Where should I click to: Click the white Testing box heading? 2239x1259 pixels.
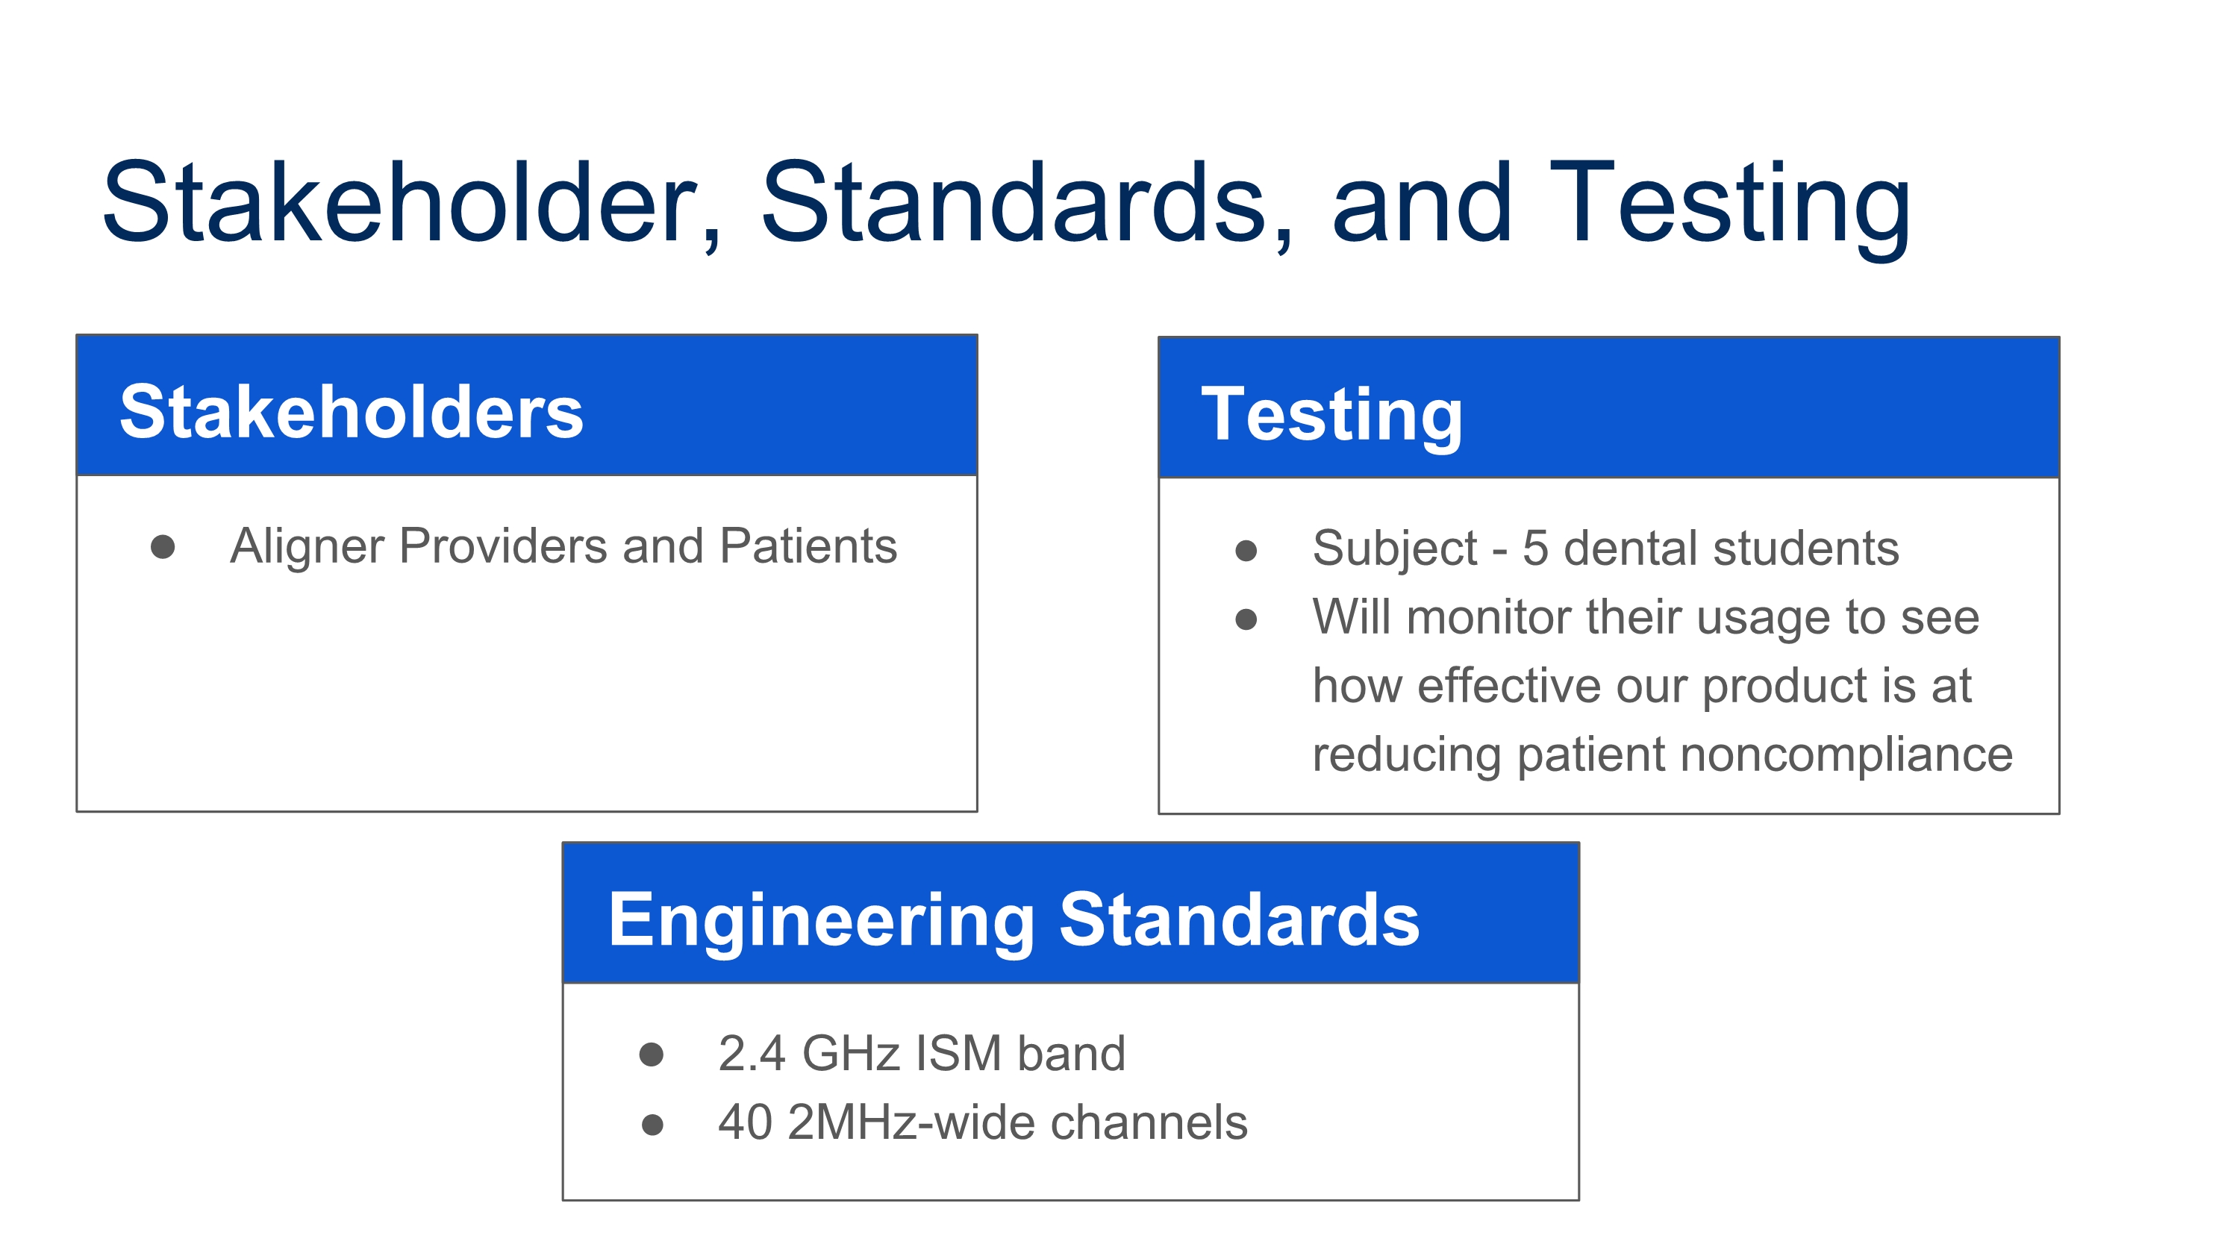(1331, 418)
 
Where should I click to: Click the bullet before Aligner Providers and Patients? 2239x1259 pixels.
(163, 546)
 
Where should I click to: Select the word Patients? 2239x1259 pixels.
(808, 546)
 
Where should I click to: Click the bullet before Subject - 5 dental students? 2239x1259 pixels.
(1246, 550)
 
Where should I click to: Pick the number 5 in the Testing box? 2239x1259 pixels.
(1535, 549)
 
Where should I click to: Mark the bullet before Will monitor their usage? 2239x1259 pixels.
(1246, 619)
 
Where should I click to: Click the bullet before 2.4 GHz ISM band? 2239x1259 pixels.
(651, 1055)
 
